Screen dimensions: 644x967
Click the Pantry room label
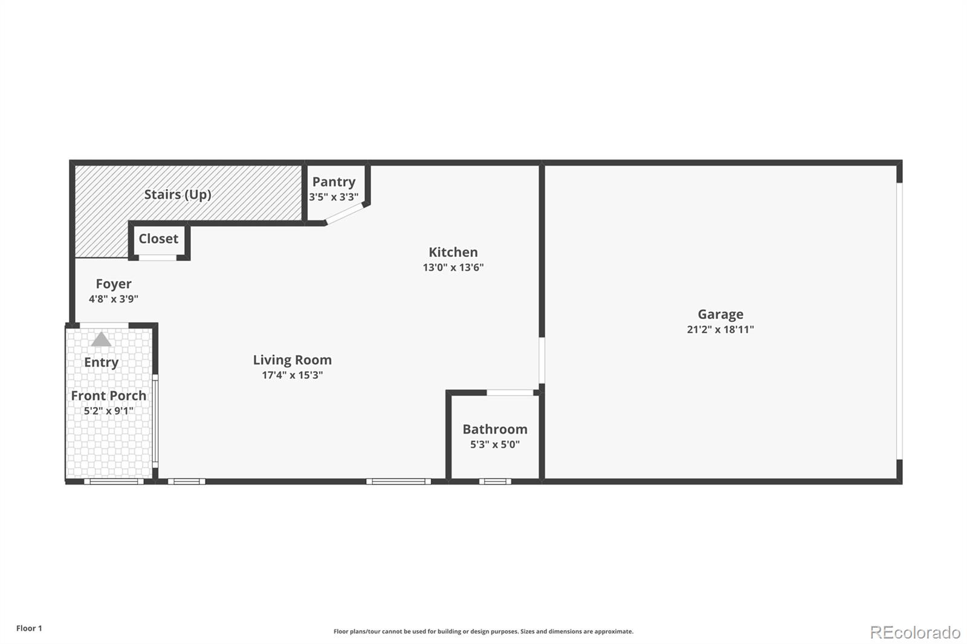pyautogui.click(x=334, y=182)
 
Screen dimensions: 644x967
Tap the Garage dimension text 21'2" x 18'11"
pyautogui.click(x=720, y=329)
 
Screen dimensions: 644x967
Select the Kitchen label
pyautogui.click(x=453, y=253)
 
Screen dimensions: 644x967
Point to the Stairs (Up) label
pyautogui.click(x=178, y=195)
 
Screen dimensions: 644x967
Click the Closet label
pyautogui.click(x=158, y=239)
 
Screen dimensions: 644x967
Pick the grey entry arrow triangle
pyautogui.click(x=102, y=340)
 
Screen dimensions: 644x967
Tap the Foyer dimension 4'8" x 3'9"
pyautogui.click(x=114, y=298)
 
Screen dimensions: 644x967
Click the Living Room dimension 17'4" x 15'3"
pyautogui.click(x=293, y=375)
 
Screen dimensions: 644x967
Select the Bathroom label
pyautogui.click(x=495, y=430)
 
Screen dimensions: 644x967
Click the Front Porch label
pyautogui.click(x=109, y=396)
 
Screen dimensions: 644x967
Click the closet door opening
pyautogui.click(x=158, y=258)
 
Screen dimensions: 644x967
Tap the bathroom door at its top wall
pyautogui.click(x=510, y=393)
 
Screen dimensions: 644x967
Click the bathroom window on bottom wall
pyautogui.click(x=495, y=481)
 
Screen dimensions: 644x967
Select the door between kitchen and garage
pyautogui.click(x=542, y=360)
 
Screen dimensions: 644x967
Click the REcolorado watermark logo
pyautogui.click(x=915, y=632)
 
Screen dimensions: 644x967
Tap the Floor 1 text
pyautogui.click(x=29, y=628)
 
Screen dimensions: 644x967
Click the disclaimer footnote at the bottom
pyautogui.click(x=483, y=631)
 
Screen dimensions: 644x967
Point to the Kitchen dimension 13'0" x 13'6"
pyautogui.click(x=453, y=268)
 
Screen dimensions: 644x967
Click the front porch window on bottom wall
pyautogui.click(x=114, y=481)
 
